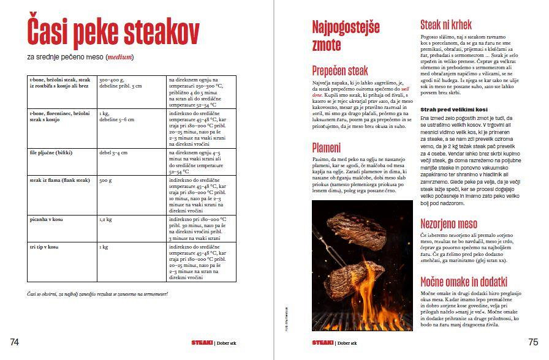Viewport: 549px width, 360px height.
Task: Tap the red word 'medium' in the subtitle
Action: coord(119,58)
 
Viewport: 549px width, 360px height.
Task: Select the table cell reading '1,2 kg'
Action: coord(105,219)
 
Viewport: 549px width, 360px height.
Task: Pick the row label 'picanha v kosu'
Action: coord(47,219)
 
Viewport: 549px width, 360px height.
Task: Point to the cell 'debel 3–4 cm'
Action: coord(113,152)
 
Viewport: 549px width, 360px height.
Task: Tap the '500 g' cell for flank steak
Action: coord(105,181)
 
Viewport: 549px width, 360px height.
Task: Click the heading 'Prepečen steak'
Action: coord(340,70)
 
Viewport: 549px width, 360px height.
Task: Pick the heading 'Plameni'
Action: coord(326,148)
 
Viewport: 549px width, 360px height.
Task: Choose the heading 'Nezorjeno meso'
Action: coord(449,223)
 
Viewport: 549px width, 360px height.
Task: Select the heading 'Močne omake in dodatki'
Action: coord(463,282)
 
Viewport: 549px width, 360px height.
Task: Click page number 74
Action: coord(15,342)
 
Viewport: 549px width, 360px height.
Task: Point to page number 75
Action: coord(532,342)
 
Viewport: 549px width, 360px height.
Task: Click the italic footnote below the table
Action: coord(97,293)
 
